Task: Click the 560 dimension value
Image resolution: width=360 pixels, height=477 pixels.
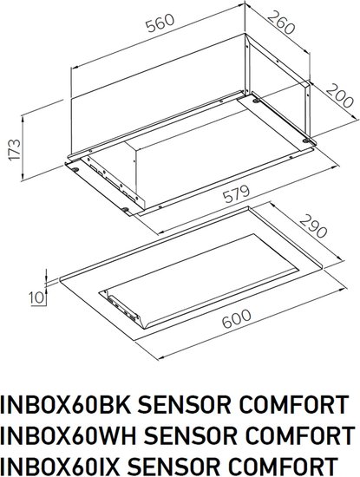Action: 160,23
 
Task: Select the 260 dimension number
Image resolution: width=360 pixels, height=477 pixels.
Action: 281,23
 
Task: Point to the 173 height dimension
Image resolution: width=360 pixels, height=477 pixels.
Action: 15,150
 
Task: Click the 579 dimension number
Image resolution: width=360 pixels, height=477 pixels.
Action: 237,193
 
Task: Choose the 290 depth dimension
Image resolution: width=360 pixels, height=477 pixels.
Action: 313,226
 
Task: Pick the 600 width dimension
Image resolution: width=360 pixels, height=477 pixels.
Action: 237,319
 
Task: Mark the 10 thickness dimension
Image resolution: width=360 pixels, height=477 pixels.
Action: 37,297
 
